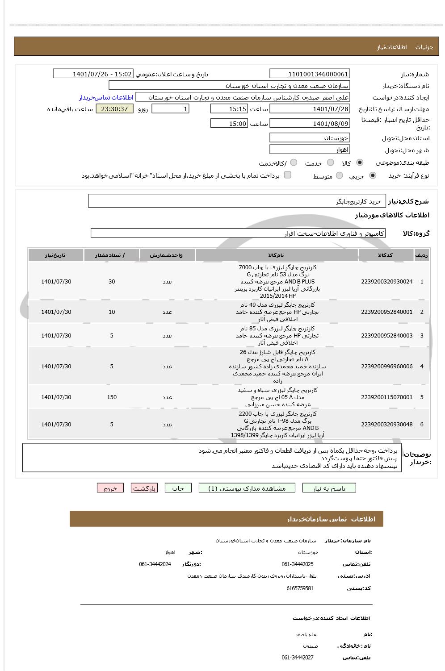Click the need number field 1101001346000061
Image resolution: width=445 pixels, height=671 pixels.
310,74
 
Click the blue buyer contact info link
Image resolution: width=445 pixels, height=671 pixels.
106,97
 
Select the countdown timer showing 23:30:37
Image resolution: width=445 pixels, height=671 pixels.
114,109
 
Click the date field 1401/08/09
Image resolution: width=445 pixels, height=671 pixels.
310,124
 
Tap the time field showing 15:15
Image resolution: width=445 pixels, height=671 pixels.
229,109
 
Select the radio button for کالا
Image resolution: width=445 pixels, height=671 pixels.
360,163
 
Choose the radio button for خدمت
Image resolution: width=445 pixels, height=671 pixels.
330,163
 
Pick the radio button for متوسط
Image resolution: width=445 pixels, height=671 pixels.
339,175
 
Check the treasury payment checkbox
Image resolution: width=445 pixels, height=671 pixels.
288,175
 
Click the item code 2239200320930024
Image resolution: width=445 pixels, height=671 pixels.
386,282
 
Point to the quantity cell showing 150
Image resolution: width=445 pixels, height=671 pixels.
112,397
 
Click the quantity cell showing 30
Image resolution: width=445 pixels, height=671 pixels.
112,282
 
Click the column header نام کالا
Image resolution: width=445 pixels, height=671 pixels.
276,255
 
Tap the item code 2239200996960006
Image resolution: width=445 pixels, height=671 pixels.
386,367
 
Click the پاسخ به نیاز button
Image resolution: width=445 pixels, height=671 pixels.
329,488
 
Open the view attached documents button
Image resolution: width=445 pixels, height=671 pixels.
247,488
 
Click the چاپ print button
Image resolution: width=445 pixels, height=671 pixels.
178,488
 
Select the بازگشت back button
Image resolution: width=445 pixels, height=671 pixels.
144,488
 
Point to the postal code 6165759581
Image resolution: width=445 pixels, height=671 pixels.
300,588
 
